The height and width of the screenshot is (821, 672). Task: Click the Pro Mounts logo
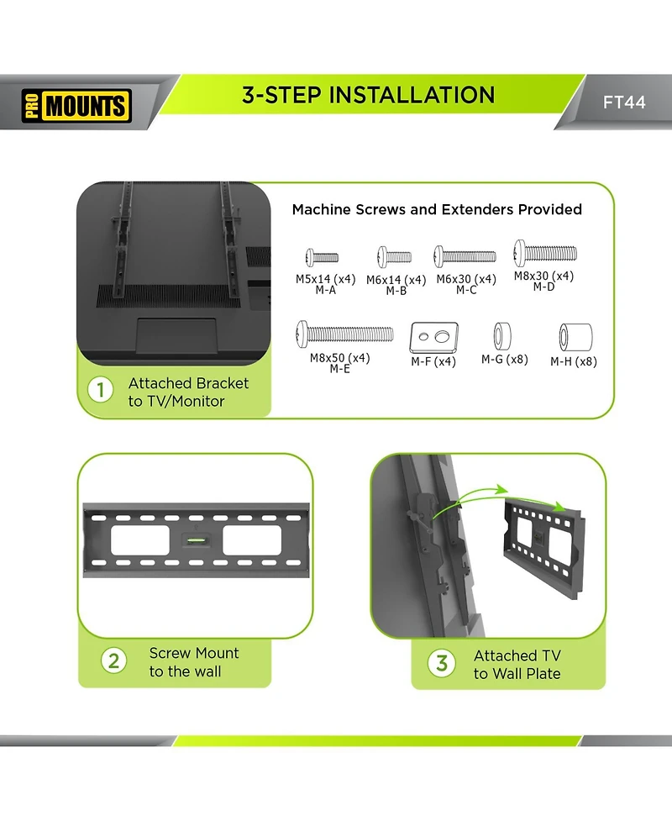[76, 106]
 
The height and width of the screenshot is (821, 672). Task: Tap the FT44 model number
[624, 103]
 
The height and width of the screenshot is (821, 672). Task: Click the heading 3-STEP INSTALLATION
[368, 95]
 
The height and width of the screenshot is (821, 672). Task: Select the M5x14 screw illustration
[323, 257]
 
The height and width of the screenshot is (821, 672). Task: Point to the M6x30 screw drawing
[465, 255]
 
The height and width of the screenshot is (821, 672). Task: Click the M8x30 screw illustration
[545, 251]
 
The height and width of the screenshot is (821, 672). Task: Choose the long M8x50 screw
[344, 334]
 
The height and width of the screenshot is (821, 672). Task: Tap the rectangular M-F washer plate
[433, 337]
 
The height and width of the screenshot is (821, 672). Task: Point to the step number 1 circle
[101, 391]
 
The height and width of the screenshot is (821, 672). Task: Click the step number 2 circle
[114, 660]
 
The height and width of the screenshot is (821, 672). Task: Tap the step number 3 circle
[442, 663]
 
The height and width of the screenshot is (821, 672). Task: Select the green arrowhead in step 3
[501, 489]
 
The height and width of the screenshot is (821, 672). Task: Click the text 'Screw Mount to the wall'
[193, 662]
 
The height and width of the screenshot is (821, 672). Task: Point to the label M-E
[339, 369]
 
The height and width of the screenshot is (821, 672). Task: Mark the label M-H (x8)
[574, 362]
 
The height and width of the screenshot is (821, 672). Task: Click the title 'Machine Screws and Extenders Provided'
[437, 209]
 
